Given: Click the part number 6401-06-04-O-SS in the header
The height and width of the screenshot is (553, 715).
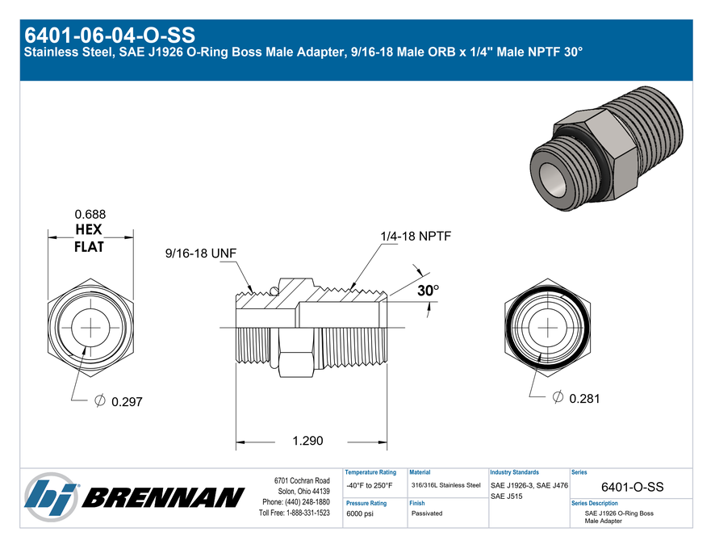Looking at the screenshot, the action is point(110,36).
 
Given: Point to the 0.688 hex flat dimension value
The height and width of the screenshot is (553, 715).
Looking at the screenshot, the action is point(90,214).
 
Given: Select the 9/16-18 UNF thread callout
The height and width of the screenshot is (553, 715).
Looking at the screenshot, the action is point(201,253).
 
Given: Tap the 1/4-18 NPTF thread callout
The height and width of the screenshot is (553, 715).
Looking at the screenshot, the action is point(416,237).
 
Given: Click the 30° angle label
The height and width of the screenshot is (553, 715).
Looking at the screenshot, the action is point(429,290).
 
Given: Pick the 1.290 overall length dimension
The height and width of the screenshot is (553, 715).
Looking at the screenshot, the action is point(307,441).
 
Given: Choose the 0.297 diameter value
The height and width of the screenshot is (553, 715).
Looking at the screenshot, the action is point(127,402).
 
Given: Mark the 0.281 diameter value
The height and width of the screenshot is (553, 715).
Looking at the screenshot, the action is point(584,399).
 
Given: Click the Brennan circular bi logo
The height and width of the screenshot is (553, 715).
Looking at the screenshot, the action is point(51,496).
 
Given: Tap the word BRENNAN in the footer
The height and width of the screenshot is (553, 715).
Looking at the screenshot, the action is point(163,497).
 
